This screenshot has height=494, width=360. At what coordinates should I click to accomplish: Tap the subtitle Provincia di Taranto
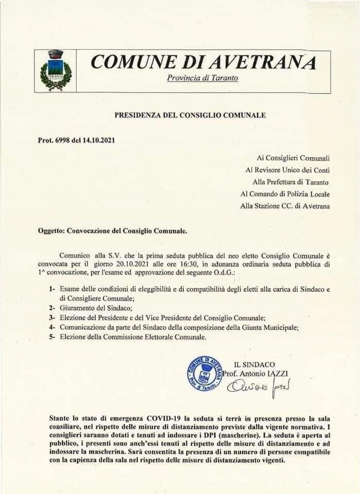pos(202,78)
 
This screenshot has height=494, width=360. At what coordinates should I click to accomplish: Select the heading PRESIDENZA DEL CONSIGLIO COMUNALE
pos(190,115)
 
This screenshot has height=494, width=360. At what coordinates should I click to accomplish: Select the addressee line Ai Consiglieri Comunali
pos(293,157)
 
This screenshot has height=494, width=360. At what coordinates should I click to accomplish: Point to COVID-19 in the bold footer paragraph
pos(166,417)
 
